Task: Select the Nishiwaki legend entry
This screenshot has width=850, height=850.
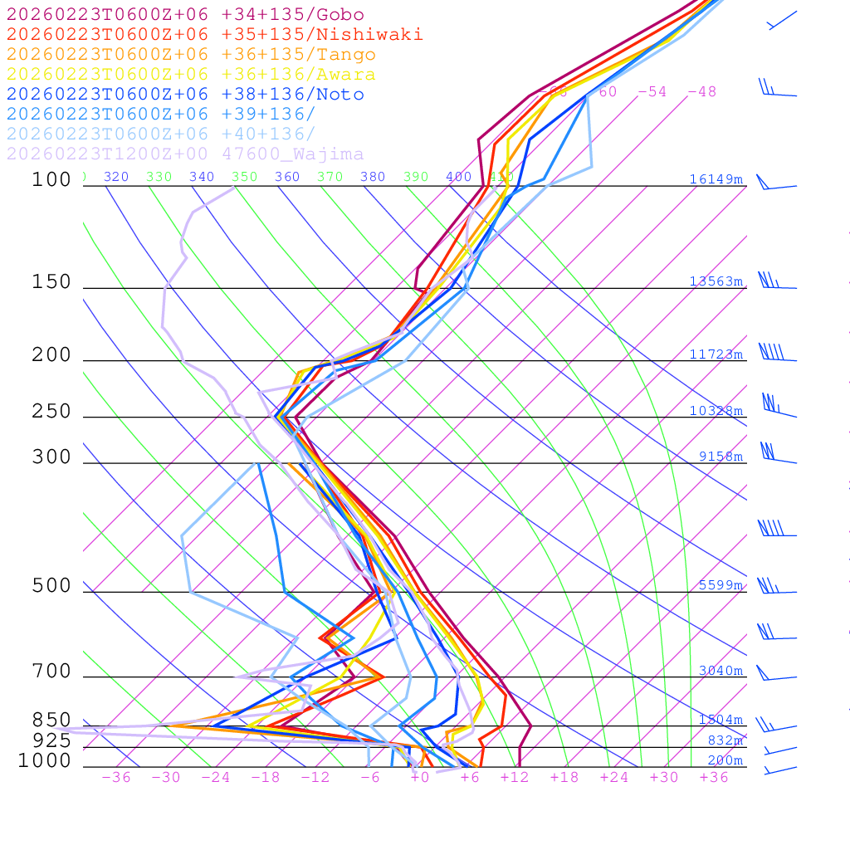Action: [214, 34]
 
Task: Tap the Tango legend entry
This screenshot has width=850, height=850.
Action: [191, 55]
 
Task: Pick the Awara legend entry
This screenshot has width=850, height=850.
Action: [191, 75]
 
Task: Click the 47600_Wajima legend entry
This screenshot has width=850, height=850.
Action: [185, 154]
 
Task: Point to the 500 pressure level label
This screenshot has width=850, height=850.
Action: [51, 586]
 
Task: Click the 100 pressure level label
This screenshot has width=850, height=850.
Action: [51, 179]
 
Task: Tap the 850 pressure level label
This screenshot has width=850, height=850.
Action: [51, 721]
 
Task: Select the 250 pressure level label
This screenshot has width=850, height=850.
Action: [51, 412]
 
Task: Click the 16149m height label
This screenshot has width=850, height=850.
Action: [716, 179]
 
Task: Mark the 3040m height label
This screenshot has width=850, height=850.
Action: [721, 671]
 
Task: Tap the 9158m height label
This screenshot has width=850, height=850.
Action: [721, 457]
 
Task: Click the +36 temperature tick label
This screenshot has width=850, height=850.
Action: [714, 778]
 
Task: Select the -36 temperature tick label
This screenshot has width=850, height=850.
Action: [116, 778]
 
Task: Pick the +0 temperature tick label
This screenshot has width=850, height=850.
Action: [420, 778]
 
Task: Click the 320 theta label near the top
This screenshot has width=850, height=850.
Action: [116, 177]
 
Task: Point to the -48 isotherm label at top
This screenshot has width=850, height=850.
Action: [701, 92]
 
